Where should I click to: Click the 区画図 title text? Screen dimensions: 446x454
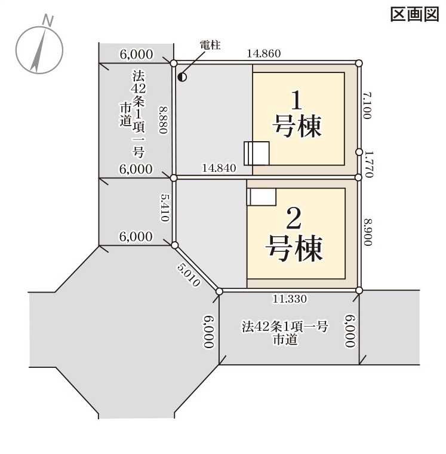(415, 14)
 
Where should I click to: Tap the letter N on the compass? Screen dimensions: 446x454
(48, 20)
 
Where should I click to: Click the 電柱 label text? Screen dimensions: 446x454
(210, 45)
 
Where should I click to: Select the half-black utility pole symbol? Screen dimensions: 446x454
(182, 77)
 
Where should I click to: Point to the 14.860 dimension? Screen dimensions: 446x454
(264, 54)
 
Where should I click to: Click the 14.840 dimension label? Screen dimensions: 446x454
(219, 168)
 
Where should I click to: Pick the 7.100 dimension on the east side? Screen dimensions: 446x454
(367, 106)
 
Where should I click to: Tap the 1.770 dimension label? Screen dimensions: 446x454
(369, 164)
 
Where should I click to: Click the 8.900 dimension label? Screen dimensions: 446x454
(368, 232)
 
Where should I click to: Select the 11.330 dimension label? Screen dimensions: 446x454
(290, 299)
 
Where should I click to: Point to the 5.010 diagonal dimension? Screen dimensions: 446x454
(189, 275)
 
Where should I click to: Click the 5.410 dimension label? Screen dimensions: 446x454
(165, 208)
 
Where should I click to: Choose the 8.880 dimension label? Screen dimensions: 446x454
(164, 120)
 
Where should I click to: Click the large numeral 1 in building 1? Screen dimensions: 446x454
(296, 100)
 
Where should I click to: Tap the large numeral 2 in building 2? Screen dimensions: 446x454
(294, 218)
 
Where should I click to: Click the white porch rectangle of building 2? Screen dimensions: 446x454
(262, 197)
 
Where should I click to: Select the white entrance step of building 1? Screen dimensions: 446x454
(257, 153)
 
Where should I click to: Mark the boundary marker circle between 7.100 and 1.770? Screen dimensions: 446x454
(359, 152)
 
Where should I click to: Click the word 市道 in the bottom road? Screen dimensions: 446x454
(285, 340)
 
